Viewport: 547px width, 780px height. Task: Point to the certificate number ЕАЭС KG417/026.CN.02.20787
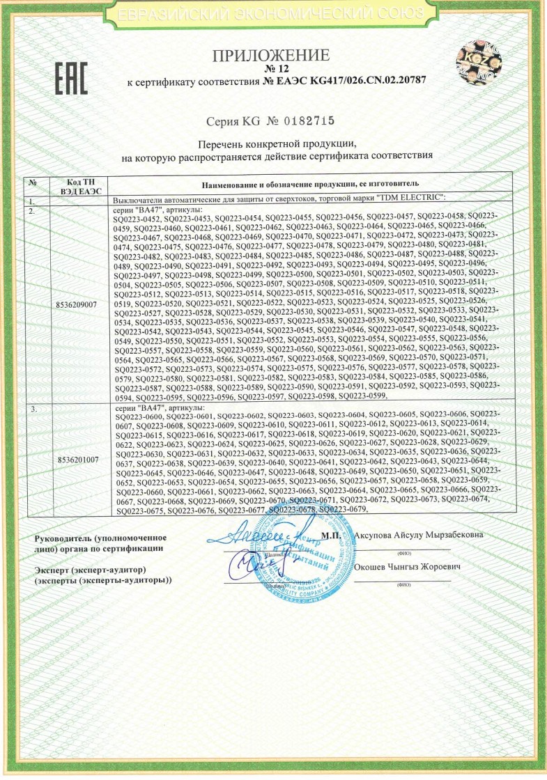[x=346, y=82]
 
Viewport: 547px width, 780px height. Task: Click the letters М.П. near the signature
[x=331, y=536]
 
